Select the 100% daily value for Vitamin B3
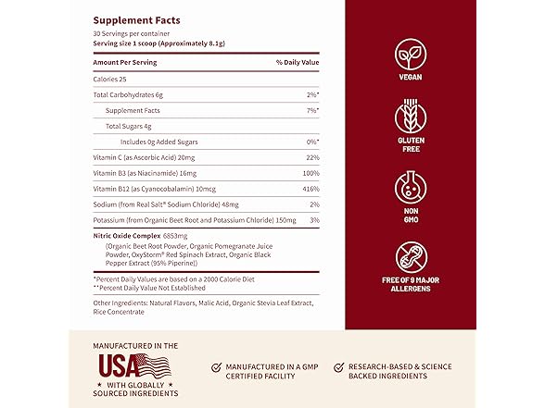click(309, 172)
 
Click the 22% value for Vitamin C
click(311, 156)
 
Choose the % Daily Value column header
click(298, 61)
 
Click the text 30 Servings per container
click(130, 35)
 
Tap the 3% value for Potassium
click(314, 219)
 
